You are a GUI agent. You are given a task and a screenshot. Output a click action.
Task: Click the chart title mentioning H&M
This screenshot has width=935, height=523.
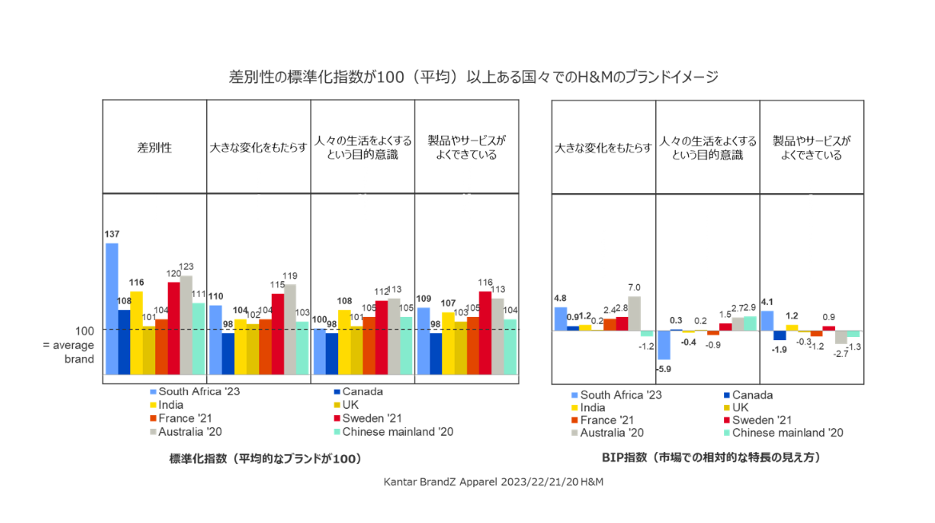473,77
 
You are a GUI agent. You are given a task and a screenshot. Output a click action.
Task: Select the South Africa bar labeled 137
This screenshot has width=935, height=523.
112,308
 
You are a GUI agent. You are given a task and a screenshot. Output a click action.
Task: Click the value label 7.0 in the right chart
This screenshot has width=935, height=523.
634,287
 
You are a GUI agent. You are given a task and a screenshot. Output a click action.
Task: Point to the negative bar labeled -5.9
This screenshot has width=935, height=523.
663,345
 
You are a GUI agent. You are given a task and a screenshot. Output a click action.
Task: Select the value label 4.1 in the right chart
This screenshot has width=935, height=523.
766,302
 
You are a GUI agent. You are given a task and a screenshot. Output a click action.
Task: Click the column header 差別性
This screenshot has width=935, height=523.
154,148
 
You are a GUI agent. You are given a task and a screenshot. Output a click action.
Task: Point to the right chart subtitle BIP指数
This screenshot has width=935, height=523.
710,458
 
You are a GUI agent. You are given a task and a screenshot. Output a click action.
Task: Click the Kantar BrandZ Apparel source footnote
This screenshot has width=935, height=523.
494,482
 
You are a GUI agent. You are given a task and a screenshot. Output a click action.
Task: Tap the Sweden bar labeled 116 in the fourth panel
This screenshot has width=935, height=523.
484,333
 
